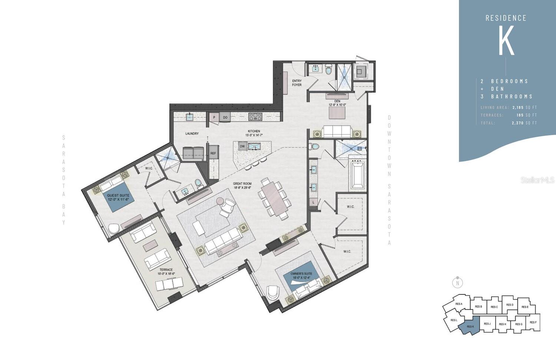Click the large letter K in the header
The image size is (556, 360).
tap(506, 41)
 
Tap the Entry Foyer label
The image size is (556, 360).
tap(297, 83)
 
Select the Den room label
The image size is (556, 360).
tap(337, 103)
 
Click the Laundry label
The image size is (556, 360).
tap(192, 133)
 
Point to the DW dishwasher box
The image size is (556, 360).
tap(242, 146)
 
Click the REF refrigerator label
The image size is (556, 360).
tap(213, 153)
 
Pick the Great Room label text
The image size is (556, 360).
tap(242, 185)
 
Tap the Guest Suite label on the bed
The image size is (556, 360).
tap(118, 197)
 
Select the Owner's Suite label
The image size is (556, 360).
tap(301, 275)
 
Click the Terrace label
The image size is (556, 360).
tap(166, 271)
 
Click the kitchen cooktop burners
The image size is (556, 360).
tap(255, 117)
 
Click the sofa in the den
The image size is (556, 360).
tap(337, 131)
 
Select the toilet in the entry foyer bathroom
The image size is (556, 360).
tap(328, 69)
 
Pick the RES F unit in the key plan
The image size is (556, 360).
tap(533, 322)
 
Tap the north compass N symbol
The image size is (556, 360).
tap(457, 283)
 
